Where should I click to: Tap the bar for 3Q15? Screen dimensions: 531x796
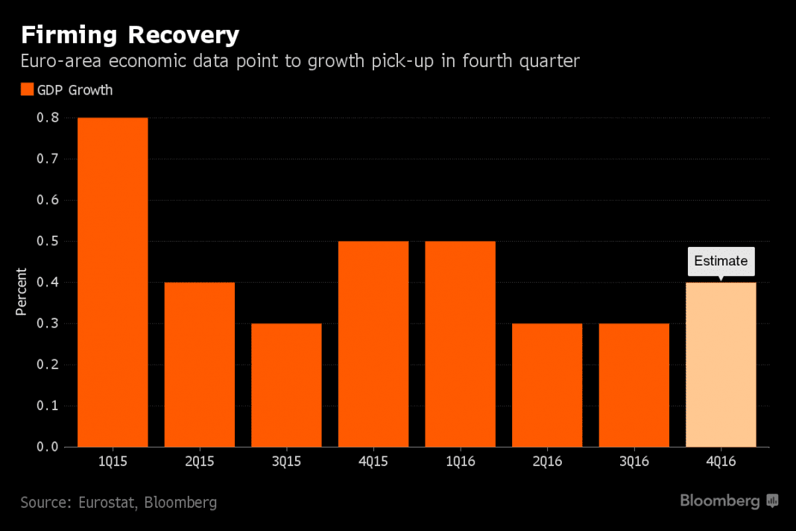286,385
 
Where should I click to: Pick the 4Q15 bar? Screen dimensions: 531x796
373,344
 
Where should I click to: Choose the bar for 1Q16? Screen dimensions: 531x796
460,344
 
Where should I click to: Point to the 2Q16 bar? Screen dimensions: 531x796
547,385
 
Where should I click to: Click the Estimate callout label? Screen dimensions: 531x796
721,261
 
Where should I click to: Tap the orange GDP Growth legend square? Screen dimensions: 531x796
27,90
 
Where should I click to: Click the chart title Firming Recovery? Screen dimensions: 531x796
130,34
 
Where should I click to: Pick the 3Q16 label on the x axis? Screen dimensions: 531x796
634,462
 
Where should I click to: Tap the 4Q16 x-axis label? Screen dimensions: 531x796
721,462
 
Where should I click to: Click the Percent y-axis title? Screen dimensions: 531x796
21,292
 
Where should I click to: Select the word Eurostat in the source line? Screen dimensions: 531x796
107,503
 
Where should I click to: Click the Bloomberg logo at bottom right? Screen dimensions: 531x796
728,501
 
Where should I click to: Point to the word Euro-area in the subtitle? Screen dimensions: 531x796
60,61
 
